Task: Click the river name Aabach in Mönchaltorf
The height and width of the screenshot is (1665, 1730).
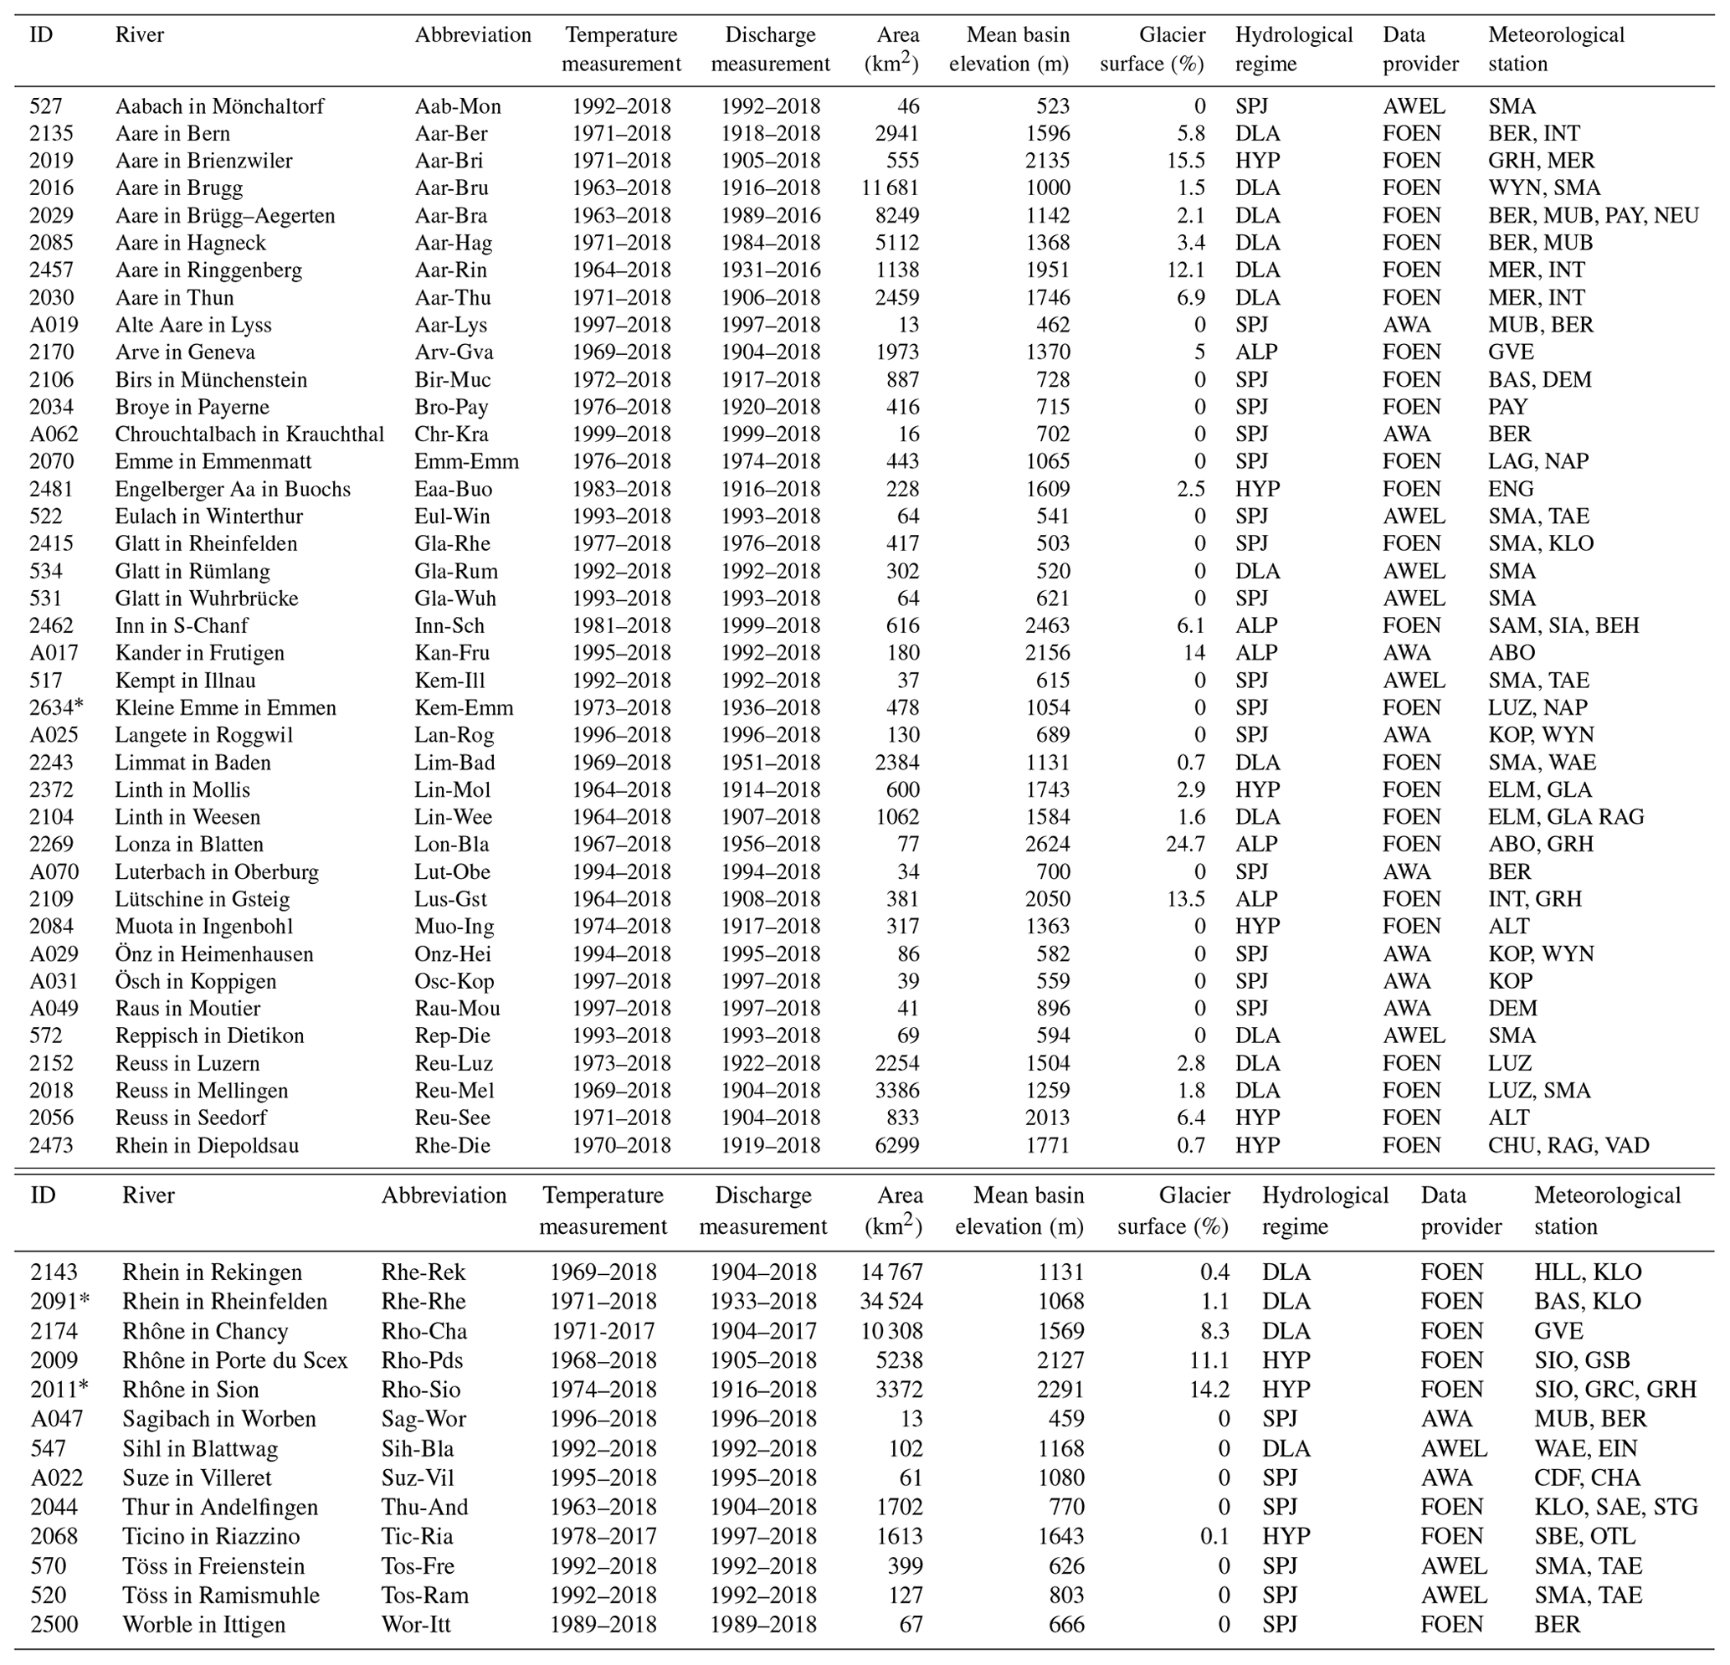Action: (x=219, y=107)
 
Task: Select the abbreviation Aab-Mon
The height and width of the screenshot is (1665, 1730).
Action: (x=457, y=107)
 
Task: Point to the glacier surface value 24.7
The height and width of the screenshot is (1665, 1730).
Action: (x=1185, y=844)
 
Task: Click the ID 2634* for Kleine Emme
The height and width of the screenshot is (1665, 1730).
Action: (x=56, y=708)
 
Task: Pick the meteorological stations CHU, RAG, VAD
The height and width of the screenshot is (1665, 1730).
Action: (x=1568, y=1146)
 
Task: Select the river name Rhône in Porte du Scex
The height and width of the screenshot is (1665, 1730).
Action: (x=235, y=1360)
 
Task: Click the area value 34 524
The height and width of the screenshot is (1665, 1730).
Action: (x=891, y=1301)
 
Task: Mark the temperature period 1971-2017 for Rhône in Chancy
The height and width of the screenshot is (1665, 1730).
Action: (x=603, y=1331)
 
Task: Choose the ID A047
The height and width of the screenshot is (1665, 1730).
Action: (x=54, y=1419)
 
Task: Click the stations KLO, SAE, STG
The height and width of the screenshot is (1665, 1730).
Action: (x=1615, y=1507)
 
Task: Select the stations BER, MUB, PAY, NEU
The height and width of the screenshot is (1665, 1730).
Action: (x=1594, y=215)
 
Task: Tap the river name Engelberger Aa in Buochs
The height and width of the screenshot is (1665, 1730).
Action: (x=232, y=489)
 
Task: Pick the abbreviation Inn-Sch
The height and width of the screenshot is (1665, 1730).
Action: (x=449, y=626)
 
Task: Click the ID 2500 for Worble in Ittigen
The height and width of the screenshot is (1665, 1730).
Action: (x=54, y=1624)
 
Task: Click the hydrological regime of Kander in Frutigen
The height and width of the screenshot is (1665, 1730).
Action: (x=1256, y=653)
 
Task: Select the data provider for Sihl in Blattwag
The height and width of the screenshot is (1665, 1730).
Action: (x=1454, y=1449)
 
